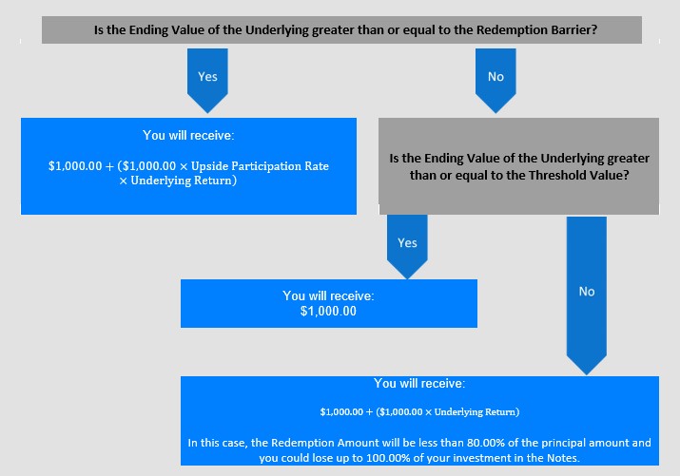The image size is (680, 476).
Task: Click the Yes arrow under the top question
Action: click(x=207, y=80)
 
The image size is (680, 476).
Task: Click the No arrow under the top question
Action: click(x=495, y=80)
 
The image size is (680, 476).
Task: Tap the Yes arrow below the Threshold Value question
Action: click(x=407, y=246)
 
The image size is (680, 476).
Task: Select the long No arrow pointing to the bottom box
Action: click(x=587, y=295)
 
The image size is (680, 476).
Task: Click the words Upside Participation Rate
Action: click(x=260, y=166)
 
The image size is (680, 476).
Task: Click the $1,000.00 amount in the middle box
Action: click(x=328, y=311)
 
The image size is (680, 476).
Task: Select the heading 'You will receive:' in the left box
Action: click(x=188, y=135)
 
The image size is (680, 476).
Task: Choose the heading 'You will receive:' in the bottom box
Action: click(x=419, y=383)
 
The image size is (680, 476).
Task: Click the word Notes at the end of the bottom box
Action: click(x=563, y=458)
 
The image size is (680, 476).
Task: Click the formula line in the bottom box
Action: click(x=419, y=411)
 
